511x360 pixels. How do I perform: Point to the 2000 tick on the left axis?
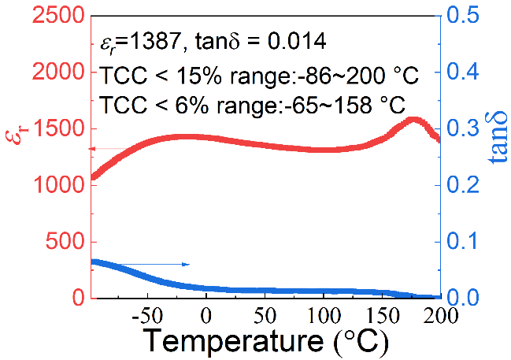pos(60,72)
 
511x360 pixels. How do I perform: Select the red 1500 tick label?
pos(60,128)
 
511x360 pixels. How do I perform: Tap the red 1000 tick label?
pos(60,185)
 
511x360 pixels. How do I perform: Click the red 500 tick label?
pos(67,242)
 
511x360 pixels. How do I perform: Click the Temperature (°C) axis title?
pos(265,343)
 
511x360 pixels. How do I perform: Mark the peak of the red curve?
pos(413,120)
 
